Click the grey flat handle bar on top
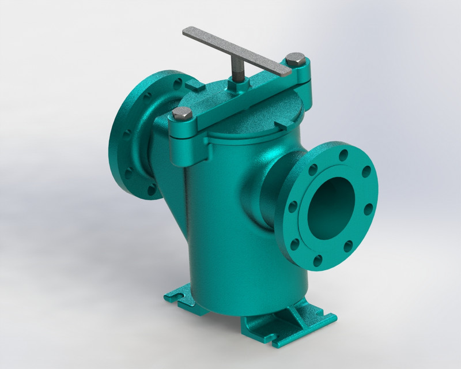tap(231, 49)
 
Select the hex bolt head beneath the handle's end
tap(296, 59)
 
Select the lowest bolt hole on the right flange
tap(318, 261)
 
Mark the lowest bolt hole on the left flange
tap(151, 189)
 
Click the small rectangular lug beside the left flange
tap(194, 87)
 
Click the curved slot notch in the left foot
tap(177, 298)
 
